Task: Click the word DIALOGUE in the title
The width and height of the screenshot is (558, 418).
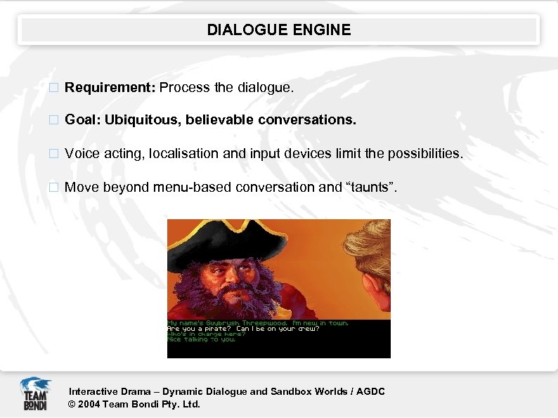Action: tap(247, 30)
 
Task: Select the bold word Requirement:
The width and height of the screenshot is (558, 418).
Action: tap(110, 88)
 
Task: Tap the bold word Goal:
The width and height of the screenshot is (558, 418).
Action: tap(83, 120)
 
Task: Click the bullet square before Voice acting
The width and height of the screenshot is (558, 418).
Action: tap(51, 154)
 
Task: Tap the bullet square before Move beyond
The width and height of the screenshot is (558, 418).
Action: tap(51, 188)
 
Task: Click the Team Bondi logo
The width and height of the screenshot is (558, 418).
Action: tap(34, 393)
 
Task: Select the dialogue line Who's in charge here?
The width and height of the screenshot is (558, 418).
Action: tap(206, 334)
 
